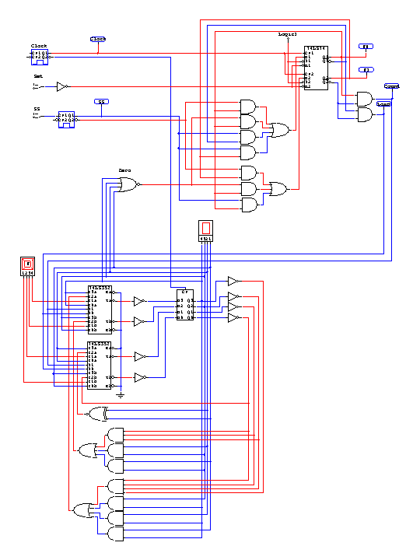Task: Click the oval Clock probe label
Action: pyautogui.click(x=98, y=38)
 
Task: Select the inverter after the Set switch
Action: pyautogui.click(x=63, y=86)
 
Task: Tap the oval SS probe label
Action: pyautogui.click(x=102, y=102)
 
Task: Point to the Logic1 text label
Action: pyautogui.click(x=288, y=35)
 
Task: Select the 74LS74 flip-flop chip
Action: pyautogui.click(x=315, y=68)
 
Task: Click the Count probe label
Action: pyautogui.click(x=391, y=86)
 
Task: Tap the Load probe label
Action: pyautogui.click(x=383, y=103)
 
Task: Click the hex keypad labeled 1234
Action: pyautogui.click(x=27, y=266)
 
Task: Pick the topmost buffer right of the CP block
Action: pyautogui.click(x=233, y=281)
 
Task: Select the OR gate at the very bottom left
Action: pyautogui.click(x=81, y=511)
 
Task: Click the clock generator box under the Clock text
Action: pyautogui.click(x=40, y=55)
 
